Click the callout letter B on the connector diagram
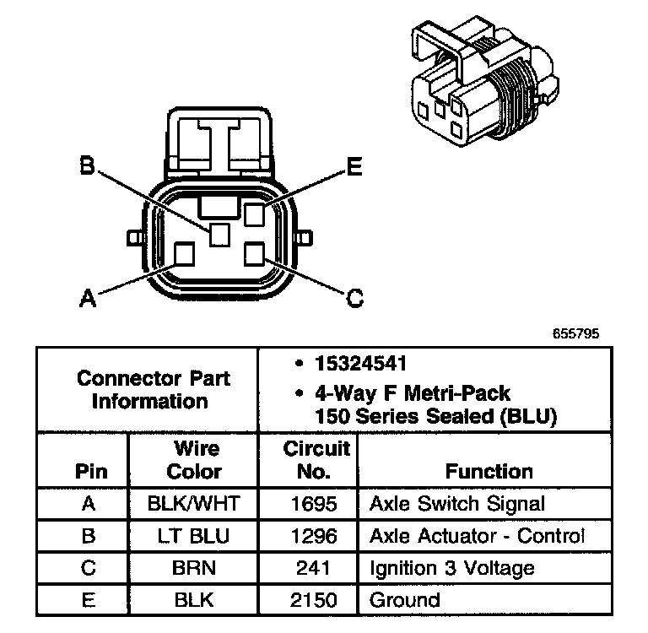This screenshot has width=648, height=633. click(86, 165)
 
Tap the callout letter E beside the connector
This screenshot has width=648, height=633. click(354, 167)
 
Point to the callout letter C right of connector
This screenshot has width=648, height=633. click(355, 296)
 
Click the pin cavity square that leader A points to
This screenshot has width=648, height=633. click(183, 253)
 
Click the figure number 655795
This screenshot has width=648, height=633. click(576, 333)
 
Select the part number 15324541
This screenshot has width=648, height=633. click(360, 365)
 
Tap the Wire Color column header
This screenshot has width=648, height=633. click(195, 460)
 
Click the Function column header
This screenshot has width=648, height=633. click(489, 471)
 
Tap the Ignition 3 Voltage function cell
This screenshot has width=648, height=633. click(451, 568)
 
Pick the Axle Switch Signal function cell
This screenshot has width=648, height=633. click(456, 504)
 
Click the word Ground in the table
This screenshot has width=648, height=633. click(405, 600)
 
